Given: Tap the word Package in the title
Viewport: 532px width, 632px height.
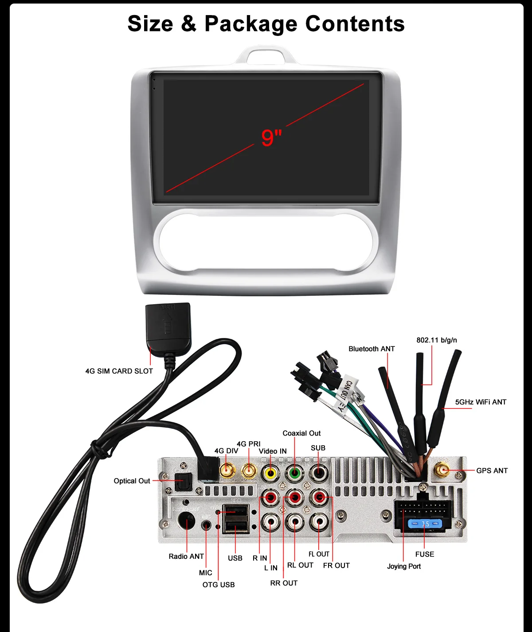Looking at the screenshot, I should pos(250,24).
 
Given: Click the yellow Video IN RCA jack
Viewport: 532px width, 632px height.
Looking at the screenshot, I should pos(270,473).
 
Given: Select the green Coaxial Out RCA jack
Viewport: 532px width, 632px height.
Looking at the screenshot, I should pos(294,473).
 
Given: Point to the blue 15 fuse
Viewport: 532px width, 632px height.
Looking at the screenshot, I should pos(425,524).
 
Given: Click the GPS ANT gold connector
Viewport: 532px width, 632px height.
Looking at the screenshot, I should pos(442,470).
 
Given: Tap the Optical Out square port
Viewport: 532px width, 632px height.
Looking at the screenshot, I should pos(182,481).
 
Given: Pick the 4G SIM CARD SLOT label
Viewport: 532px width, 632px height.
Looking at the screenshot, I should pos(119,371).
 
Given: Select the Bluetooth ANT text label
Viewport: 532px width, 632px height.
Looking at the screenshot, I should pos(372,349).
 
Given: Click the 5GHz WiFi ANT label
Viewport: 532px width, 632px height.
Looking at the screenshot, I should pos(481,402).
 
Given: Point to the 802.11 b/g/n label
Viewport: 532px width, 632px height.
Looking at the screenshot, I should pos(437,340).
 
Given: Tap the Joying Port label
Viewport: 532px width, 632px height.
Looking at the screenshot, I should pos(404,566).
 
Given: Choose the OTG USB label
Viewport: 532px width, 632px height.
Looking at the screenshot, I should pos(219,585).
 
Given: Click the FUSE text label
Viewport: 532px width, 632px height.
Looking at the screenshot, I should pos(425,554).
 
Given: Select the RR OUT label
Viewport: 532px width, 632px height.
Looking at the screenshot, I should pos(284,583).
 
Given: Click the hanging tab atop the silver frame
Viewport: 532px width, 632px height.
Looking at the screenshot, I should pos(266,56).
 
